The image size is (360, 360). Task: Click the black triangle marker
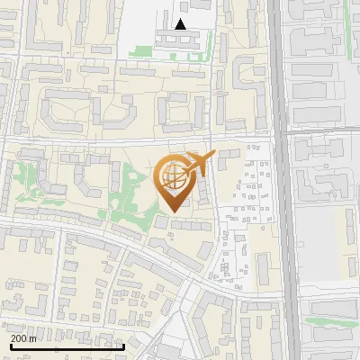pyautogui.click(x=181, y=25)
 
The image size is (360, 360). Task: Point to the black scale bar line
pyautogui.click(x=67, y=346)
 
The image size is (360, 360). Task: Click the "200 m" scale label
pyautogui.click(x=24, y=338)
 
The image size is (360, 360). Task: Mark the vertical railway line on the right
pyautogui.click(x=285, y=180)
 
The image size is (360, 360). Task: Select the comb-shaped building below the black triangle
pyautogui.click(x=181, y=40)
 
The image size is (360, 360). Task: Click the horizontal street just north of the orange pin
pyautogui.click(x=135, y=141)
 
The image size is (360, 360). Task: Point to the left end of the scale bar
pyautogui.click(x=11, y=346)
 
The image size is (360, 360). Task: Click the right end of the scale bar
pyautogui.click(x=123, y=346)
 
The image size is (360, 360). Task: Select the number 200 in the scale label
pyautogui.click(x=20, y=338)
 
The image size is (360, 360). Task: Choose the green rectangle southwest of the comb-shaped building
pyautogui.click(x=140, y=52)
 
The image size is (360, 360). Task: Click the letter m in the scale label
pyautogui.click(x=33, y=338)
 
